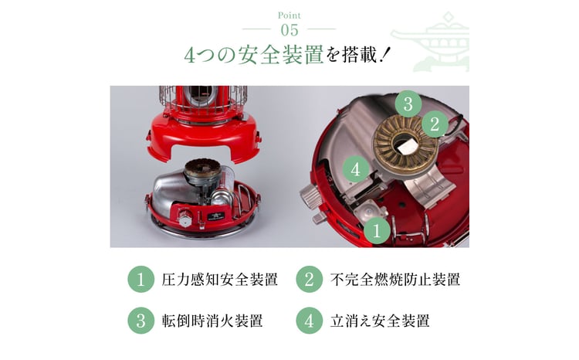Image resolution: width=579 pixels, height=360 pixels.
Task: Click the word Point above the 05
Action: click(x=289, y=15)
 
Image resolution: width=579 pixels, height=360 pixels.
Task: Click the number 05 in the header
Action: click(x=289, y=30)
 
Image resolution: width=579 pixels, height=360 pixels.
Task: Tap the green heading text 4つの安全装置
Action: click(x=254, y=55)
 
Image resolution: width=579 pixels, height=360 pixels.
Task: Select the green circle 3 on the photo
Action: click(x=408, y=104)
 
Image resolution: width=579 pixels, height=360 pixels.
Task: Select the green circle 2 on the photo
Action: click(x=435, y=124)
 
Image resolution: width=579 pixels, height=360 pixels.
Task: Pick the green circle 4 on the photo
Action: click(x=356, y=170)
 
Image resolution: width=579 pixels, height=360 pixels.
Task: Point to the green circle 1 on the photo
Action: click(x=377, y=231)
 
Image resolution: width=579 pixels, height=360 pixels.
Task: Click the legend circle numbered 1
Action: click(x=141, y=279)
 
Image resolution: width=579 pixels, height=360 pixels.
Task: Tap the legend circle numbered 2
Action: click(x=309, y=279)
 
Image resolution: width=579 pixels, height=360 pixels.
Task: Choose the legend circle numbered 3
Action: click(x=141, y=321)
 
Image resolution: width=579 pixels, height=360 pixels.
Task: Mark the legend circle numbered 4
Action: click(x=309, y=321)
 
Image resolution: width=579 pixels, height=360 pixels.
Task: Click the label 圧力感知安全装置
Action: click(x=220, y=280)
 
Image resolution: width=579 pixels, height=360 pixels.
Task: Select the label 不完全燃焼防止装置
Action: click(x=395, y=280)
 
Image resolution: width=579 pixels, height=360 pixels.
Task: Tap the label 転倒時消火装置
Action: click(x=212, y=321)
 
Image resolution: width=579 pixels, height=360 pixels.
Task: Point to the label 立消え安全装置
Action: click(x=380, y=321)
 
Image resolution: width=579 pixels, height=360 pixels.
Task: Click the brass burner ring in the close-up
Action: click(x=405, y=142)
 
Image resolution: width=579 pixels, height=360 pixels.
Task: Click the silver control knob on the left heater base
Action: click(x=185, y=219)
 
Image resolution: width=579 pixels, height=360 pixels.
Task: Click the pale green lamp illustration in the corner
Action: click(x=430, y=42)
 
